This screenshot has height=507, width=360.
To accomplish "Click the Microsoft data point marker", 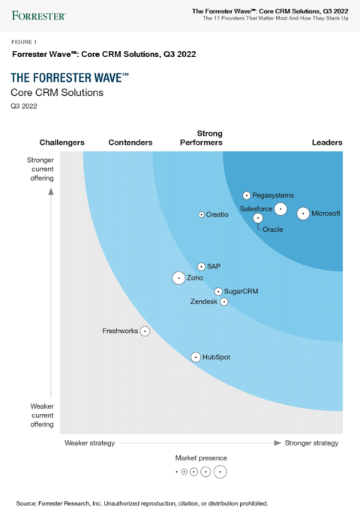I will tap(302, 214).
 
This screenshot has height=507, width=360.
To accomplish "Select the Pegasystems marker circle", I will tap(246, 195).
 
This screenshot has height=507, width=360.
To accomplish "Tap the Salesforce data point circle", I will tap(280, 209).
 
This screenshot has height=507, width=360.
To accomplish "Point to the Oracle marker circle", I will tap(258, 218).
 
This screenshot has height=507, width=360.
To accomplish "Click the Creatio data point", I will tap(201, 214).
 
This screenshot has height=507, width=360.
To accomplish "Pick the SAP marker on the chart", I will tap(201, 266).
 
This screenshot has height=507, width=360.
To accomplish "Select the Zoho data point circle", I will tap(178, 278).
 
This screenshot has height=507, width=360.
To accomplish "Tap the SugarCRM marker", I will tap(217, 291).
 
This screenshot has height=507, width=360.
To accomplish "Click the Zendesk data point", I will tap(223, 301).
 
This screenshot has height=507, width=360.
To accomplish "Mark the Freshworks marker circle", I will tap(145, 331).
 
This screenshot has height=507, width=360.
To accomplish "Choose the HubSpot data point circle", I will tap(196, 358).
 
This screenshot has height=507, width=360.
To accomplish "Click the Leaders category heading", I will tap(327, 142).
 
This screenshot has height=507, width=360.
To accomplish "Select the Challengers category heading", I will tap(61, 142).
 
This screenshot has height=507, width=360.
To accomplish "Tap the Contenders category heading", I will tap(130, 142).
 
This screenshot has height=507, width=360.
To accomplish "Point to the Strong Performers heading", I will tap(201, 138).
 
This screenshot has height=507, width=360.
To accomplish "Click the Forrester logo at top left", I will tap(38, 14).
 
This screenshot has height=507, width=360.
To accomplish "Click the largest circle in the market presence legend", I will tap(220, 472).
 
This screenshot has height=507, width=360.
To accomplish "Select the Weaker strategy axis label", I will tap(89, 443).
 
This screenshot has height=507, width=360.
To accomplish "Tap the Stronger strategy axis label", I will tap(311, 443).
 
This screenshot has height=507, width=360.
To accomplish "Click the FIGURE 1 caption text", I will tap(25, 42).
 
